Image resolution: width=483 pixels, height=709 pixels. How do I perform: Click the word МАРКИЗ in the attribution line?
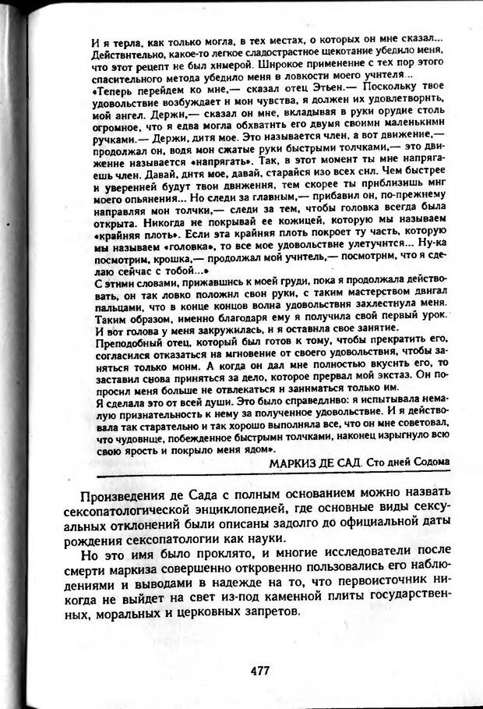point(293,462)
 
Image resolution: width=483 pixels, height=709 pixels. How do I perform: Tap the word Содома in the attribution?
point(430,462)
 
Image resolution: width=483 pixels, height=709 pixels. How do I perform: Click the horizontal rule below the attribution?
point(273,473)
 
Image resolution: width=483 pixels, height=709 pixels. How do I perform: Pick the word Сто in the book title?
point(375,462)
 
